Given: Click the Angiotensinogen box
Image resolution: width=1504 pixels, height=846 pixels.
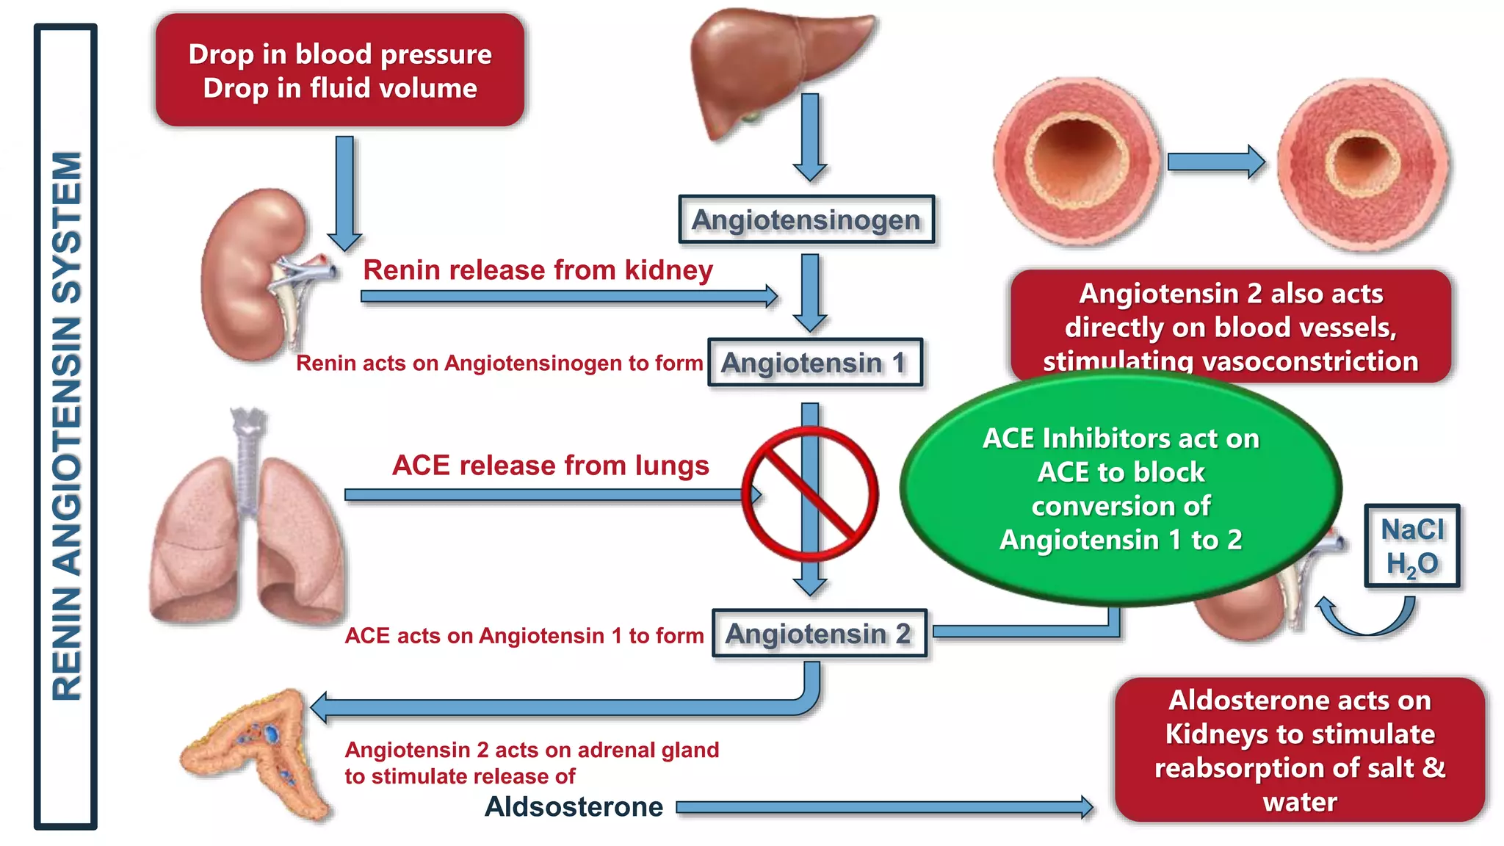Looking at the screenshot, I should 806,220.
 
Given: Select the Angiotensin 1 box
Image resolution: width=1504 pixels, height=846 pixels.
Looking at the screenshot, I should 814,363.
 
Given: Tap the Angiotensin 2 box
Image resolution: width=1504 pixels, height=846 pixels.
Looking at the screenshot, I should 819,634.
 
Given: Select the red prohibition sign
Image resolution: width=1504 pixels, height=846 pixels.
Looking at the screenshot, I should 809,494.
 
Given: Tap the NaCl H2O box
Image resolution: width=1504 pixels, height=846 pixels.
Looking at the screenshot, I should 1411,546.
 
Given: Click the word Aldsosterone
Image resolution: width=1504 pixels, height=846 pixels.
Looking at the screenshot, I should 574,807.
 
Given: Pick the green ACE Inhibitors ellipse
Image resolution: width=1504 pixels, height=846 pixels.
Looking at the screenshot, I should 1120,488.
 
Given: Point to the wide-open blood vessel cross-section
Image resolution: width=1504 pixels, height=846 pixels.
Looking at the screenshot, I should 1076,162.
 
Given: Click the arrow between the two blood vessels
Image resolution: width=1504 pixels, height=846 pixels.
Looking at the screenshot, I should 1215,162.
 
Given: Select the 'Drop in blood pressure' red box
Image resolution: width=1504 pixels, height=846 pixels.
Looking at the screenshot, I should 340,70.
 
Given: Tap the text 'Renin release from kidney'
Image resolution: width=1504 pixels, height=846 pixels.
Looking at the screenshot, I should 538,270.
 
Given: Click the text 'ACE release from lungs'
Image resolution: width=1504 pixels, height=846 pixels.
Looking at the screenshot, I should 551,466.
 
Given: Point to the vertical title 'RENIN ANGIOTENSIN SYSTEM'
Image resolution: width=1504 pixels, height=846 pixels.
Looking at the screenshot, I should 66,426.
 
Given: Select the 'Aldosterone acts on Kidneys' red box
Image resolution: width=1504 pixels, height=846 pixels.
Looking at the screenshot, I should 1299,751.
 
